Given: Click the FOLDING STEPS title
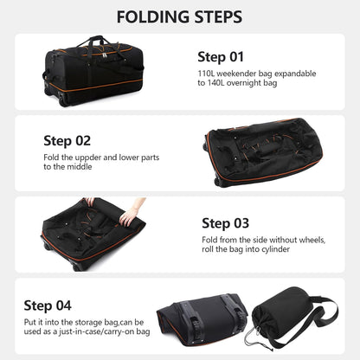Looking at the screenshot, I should [x=179, y=17].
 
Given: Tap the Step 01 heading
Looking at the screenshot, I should [x=222, y=57].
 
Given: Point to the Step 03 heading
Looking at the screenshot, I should [x=225, y=222].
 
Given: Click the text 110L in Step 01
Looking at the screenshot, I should [x=209, y=75].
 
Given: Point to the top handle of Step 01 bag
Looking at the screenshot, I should [x=95, y=41].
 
